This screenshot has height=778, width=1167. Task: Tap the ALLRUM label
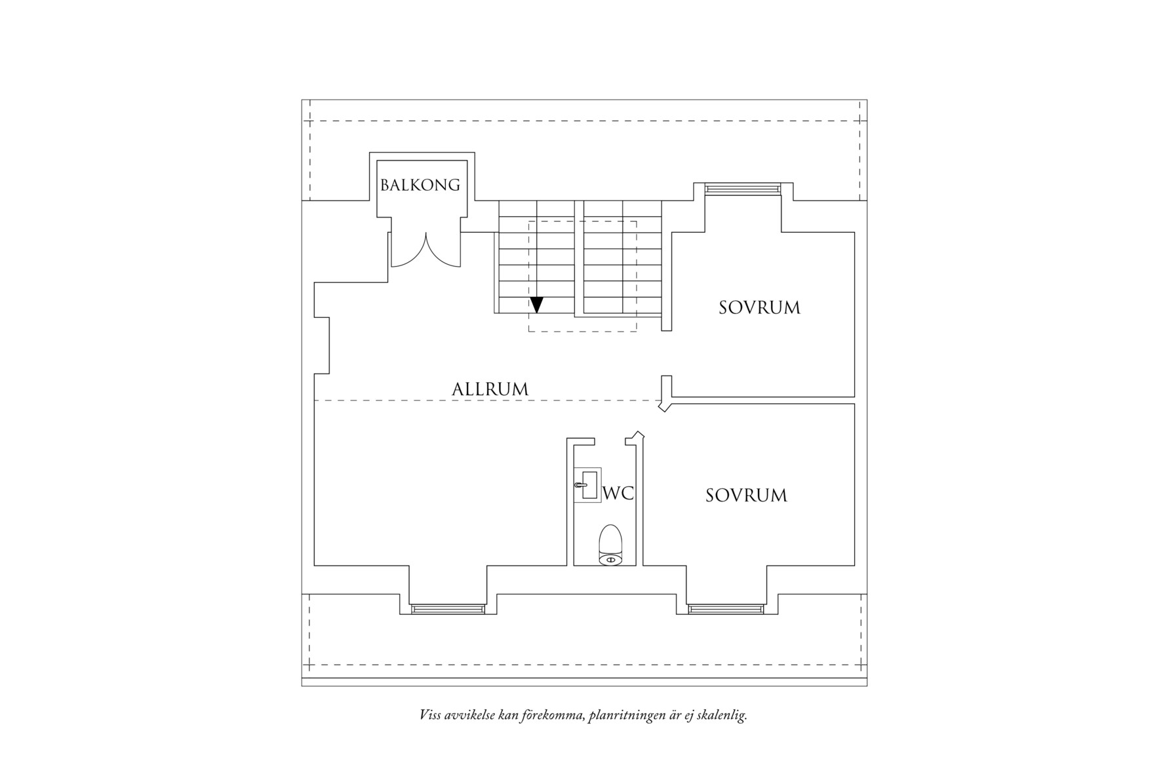point(490,389)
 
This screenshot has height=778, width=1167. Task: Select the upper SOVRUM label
point(759,307)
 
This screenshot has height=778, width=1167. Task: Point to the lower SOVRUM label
point(746,495)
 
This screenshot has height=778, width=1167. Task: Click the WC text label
point(618,494)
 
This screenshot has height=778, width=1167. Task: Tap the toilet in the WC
point(610,544)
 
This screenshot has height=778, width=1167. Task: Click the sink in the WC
point(588,485)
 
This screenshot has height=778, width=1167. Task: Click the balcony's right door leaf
point(442,252)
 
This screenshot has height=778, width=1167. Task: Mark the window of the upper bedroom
point(743,189)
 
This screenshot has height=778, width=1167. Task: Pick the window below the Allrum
point(448,610)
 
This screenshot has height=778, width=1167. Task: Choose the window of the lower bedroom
point(726,610)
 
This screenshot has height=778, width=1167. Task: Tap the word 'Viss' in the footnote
point(430,714)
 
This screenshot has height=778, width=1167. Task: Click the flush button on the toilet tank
point(610,560)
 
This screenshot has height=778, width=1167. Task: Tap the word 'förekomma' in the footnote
point(548,714)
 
